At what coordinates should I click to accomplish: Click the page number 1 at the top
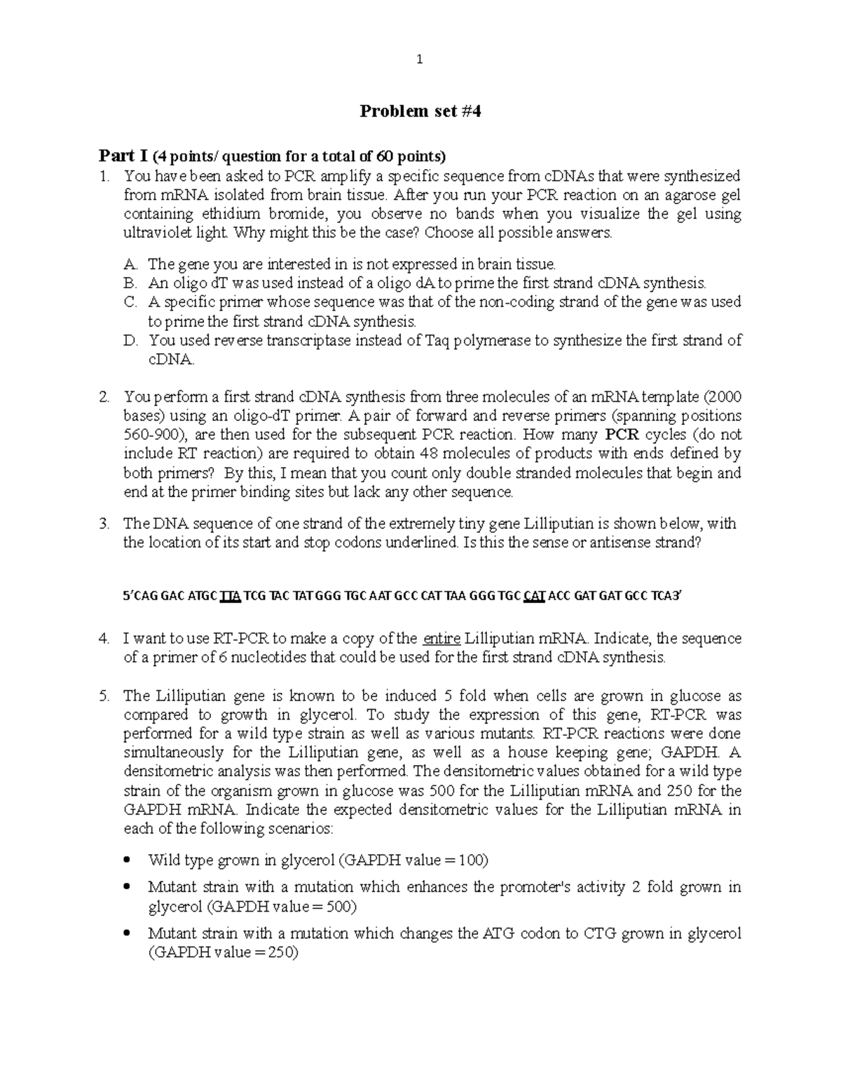pyautogui.click(x=419, y=60)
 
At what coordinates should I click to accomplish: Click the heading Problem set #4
pyautogui.click(x=420, y=111)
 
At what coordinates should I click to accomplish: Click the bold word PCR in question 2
pyautogui.click(x=620, y=435)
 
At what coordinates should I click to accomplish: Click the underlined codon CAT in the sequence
pyautogui.click(x=534, y=597)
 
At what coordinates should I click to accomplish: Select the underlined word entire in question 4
pyautogui.click(x=442, y=639)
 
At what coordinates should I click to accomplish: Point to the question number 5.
pyautogui.click(x=104, y=696)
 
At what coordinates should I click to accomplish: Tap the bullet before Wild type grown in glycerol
pyautogui.click(x=127, y=860)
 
